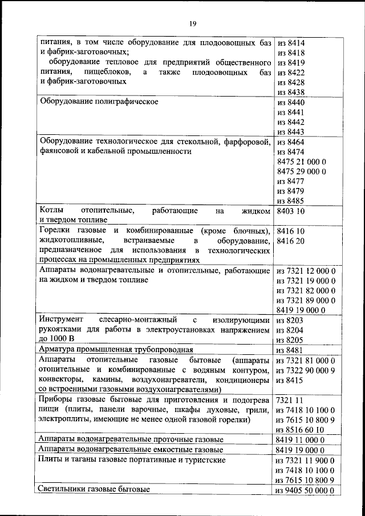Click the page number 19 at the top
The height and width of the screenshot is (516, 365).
(192, 23)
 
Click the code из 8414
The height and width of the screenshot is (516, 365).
(290, 42)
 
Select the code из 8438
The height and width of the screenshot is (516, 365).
(290, 92)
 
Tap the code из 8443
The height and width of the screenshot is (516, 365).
(290, 132)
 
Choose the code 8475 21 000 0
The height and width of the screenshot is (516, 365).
(301, 162)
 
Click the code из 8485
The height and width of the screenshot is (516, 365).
(290, 201)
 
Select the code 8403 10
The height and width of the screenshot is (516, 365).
(291, 211)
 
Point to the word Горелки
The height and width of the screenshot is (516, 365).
(54, 231)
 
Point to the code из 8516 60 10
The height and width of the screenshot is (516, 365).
(299, 429)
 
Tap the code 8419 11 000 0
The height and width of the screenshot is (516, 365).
(300, 439)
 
